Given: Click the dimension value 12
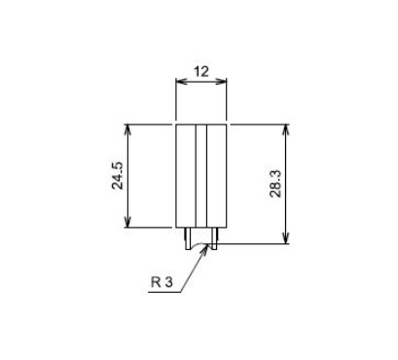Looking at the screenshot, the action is (x=201, y=71).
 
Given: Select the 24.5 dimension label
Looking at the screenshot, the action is (x=118, y=175).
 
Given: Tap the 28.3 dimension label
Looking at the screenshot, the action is (x=275, y=184).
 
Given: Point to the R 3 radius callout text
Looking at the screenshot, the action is (x=162, y=282).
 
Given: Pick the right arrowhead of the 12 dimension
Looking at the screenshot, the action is (x=221, y=81).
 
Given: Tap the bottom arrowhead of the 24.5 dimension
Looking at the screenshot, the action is (x=127, y=222).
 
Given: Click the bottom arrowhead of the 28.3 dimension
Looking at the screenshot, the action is (x=286, y=237).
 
